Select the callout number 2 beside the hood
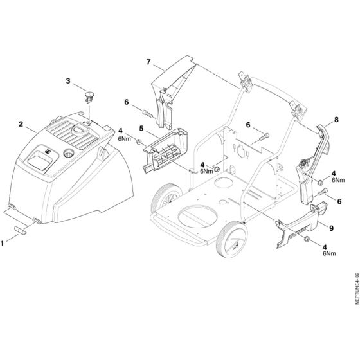pos(21,123)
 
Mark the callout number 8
pos(336,120)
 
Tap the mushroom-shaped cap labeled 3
pos(89,96)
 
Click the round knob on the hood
pos(69,153)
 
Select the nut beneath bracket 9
pos(307,240)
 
